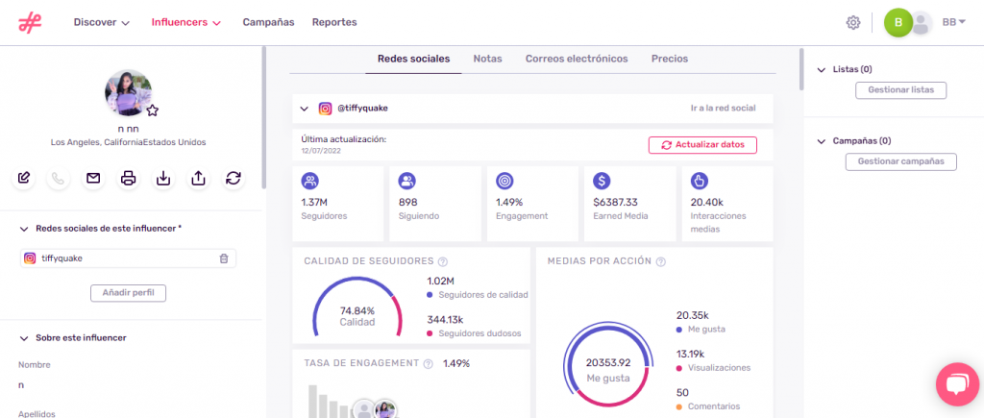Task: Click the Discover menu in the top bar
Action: click(101, 22)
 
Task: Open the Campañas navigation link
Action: click(268, 22)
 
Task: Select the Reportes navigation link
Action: click(334, 22)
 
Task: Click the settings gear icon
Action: click(852, 22)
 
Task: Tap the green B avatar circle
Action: click(898, 22)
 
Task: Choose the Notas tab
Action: click(487, 59)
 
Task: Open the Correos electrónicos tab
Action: click(577, 59)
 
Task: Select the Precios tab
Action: click(669, 59)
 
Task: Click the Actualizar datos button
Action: click(702, 145)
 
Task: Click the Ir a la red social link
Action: click(724, 109)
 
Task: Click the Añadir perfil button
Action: click(128, 292)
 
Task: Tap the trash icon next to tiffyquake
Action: click(223, 258)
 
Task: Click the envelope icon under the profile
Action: click(93, 178)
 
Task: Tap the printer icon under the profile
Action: click(128, 178)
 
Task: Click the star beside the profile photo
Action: click(152, 111)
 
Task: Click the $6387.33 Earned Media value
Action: click(617, 203)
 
